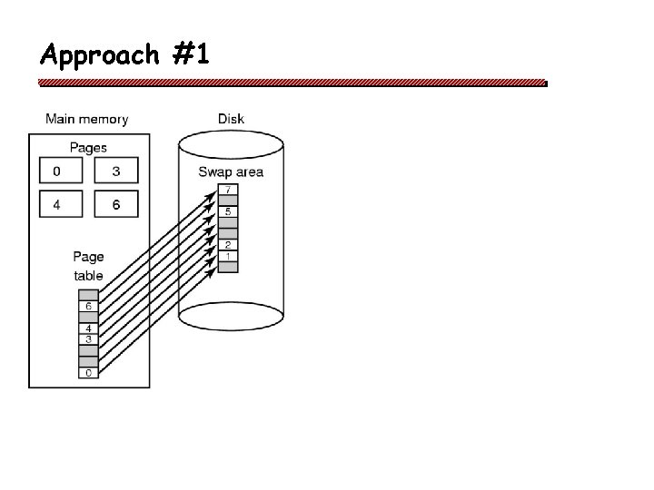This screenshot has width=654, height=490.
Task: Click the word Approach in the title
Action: [x=100, y=55]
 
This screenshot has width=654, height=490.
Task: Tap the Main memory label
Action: [x=87, y=119]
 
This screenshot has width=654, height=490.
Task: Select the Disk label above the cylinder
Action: [x=231, y=119]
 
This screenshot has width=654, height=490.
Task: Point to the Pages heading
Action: [x=88, y=147]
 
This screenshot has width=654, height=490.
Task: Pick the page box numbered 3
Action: [x=117, y=171]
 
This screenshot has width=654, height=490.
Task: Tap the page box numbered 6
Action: [x=117, y=204]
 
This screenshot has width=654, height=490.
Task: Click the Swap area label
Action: [x=231, y=172]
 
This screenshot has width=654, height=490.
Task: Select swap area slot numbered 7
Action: [x=229, y=190]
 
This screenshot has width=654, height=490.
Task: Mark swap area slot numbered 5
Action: [x=229, y=211]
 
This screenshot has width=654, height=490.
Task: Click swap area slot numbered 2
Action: [x=229, y=245]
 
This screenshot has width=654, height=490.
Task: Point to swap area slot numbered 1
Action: [x=229, y=256]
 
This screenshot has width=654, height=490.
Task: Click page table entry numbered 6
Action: [x=88, y=306]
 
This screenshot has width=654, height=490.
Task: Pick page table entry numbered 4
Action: [x=88, y=328]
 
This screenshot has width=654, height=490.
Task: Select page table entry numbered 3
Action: [x=88, y=339]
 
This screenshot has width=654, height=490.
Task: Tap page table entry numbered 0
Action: [x=88, y=372]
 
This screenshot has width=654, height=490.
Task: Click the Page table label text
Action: [x=88, y=266]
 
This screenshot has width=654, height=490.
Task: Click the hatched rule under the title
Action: [x=292, y=82]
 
